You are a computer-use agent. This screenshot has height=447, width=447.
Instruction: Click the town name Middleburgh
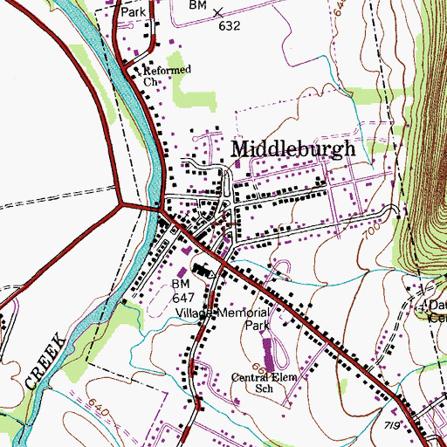(292, 148)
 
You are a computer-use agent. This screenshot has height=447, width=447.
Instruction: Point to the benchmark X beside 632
(217, 10)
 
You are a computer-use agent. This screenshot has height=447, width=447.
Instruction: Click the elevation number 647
(181, 298)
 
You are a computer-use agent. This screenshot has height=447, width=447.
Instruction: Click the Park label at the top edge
(133, 13)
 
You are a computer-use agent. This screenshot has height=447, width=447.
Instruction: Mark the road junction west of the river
(120, 206)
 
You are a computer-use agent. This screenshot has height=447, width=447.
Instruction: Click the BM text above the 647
(180, 285)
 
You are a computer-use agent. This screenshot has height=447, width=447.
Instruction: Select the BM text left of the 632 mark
(196, 5)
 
